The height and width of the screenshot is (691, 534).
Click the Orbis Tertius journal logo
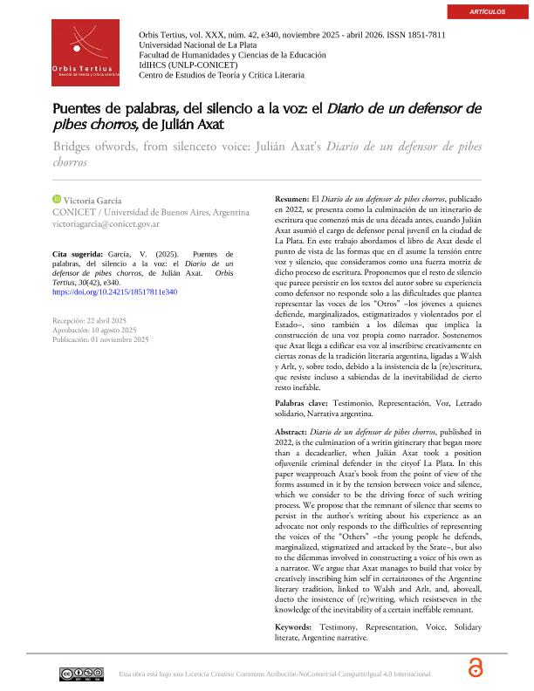[x=86, y=53]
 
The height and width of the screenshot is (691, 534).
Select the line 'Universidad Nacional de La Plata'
[x=196, y=44]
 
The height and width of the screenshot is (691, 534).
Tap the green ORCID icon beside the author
[x=57, y=200]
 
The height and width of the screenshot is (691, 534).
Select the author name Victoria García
[x=92, y=201]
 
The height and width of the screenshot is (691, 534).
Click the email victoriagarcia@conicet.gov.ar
[x=106, y=224]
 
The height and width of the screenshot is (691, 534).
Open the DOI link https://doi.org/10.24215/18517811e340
[x=114, y=291]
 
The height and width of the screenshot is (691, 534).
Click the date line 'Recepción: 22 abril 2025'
[x=90, y=321]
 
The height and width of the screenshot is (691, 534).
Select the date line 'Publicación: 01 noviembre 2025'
[x=100, y=339]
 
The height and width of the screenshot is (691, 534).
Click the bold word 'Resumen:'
[x=291, y=199]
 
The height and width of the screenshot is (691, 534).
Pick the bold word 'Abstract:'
[x=291, y=433]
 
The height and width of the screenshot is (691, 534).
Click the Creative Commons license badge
[x=81, y=674]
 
